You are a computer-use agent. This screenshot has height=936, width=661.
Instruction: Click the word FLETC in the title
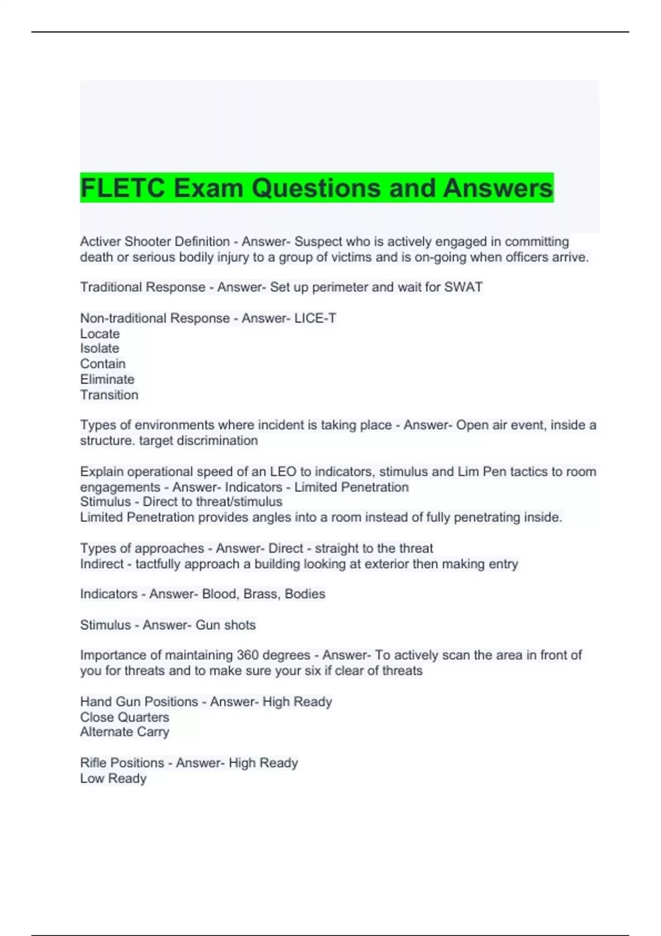[123, 188]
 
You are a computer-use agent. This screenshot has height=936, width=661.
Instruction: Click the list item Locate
[100, 334]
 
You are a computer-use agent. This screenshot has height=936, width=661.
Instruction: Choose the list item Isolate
[100, 349]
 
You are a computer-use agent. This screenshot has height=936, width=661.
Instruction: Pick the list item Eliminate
[107, 379]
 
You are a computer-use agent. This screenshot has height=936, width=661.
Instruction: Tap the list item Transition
[109, 395]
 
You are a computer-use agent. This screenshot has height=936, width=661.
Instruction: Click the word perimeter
[334, 287]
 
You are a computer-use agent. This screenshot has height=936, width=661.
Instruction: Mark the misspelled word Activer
[100, 242]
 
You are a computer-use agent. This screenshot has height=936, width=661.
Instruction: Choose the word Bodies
[305, 594]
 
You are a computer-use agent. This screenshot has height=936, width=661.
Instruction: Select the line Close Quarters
[124, 717]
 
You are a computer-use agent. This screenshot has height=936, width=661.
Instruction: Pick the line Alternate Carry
[124, 732]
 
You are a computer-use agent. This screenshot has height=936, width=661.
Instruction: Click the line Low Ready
[113, 779]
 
